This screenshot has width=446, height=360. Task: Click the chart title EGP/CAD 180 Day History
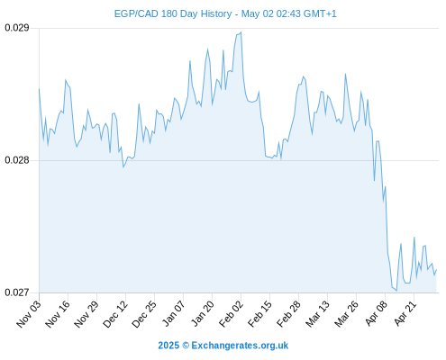[x=173, y=13]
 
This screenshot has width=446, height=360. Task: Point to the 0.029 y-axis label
[x=17, y=28]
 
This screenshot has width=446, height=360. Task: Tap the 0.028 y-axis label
[x=17, y=160]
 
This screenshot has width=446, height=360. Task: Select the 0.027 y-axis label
[x=17, y=292]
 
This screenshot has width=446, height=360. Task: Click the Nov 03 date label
[x=29, y=313]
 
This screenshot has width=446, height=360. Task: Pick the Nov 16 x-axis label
[x=58, y=313]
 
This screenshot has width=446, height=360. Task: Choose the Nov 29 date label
[x=86, y=313]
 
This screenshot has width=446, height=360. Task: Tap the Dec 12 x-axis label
[x=115, y=313]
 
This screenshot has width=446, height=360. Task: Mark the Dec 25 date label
[x=144, y=313]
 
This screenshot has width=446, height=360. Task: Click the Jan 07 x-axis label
[x=173, y=313]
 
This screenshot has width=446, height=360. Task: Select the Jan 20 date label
[x=203, y=313]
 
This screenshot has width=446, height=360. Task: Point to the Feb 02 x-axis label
[x=231, y=313]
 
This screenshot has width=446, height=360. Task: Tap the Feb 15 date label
[x=259, y=313]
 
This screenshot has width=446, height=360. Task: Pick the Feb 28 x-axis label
[x=288, y=313]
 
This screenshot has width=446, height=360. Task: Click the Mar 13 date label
[x=317, y=313]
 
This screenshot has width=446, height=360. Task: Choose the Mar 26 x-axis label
[x=346, y=313]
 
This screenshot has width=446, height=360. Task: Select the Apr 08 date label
[x=376, y=313]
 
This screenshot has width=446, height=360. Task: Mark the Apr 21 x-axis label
[x=405, y=313]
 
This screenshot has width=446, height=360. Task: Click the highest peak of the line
[x=241, y=32]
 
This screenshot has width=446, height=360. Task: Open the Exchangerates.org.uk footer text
[x=240, y=346]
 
